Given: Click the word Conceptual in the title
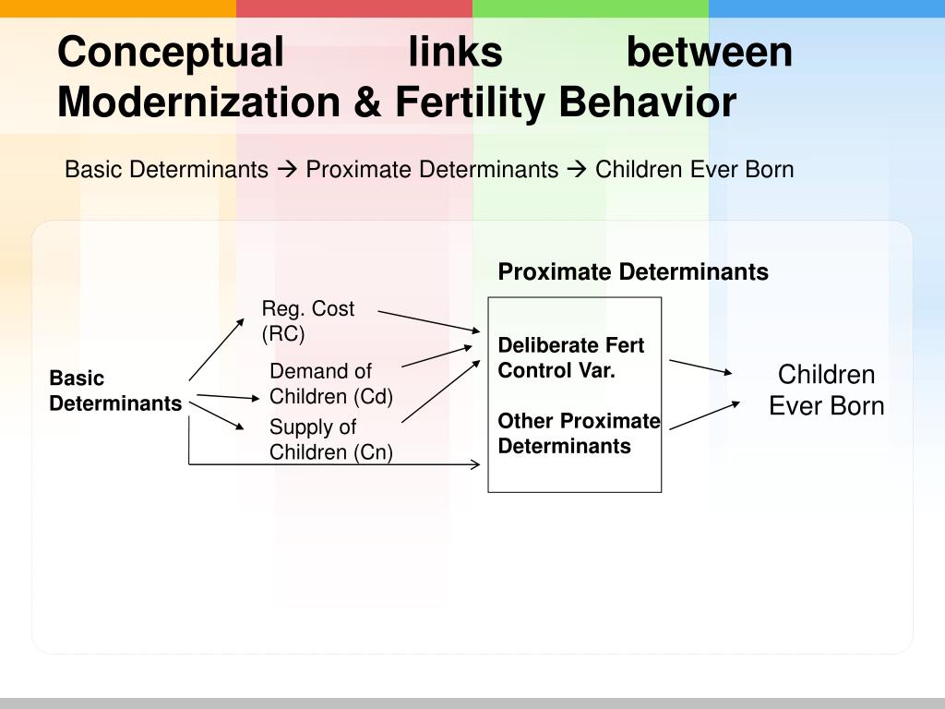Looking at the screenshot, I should click(171, 52).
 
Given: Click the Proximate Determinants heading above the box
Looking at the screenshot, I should click(633, 271).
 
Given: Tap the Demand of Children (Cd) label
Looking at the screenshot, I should click(331, 384).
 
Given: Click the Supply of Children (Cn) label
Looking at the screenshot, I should click(330, 439).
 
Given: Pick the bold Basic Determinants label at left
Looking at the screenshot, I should click(115, 391).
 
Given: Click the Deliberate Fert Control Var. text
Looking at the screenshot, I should click(571, 357).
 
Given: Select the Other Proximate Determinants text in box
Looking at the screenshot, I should click(579, 434).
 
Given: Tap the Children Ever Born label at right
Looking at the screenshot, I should click(826, 390).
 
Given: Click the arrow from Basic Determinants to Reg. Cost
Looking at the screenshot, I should click(217, 349).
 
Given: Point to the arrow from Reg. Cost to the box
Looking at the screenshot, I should click(429, 321).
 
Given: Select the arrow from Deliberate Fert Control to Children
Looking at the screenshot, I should click(700, 367).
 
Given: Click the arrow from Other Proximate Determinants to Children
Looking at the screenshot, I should click(704, 415).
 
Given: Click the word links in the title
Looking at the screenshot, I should click(456, 52).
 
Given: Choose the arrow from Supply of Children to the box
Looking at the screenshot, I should click(441, 390).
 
